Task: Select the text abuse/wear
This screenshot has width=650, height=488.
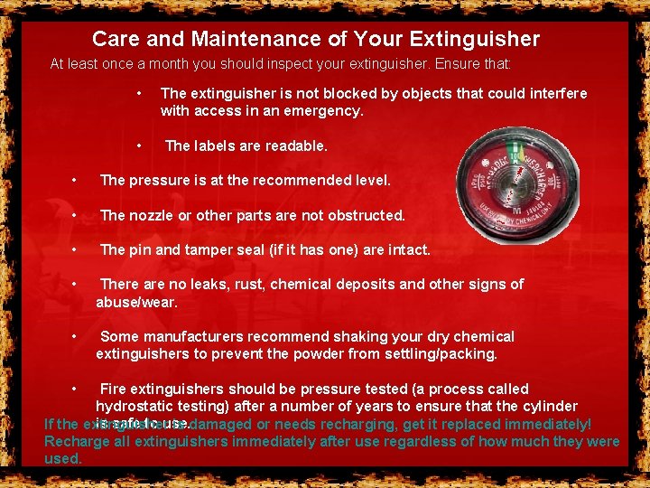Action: click(x=137, y=301)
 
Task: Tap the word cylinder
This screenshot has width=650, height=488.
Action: click(x=548, y=407)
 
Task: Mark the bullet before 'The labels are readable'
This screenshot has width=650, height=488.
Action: click(x=139, y=145)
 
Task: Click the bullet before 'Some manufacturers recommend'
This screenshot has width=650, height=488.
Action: click(x=74, y=336)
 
